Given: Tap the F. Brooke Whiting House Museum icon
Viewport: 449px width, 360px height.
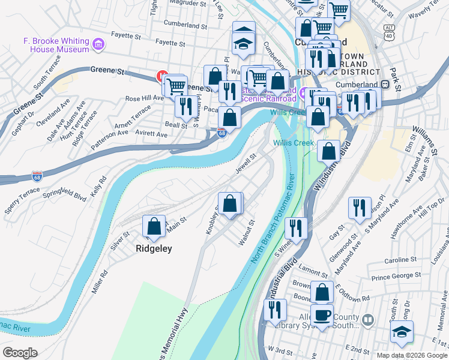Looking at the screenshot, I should point(99,44).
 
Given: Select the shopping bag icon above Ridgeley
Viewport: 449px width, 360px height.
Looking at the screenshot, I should point(154,226).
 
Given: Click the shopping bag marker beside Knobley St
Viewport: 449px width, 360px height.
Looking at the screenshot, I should point(230,203).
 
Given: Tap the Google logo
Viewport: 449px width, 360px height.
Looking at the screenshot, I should point(19,353).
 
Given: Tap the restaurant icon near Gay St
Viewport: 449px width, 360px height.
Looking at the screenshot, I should point(360,208).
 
